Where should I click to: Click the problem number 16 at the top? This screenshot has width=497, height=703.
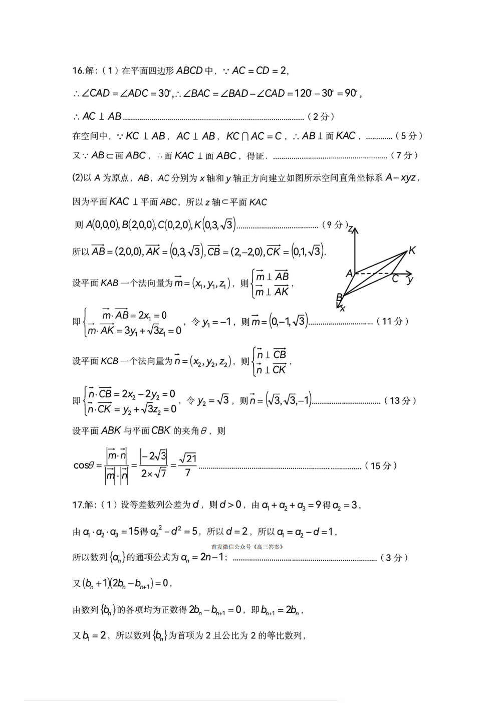tap(78, 71)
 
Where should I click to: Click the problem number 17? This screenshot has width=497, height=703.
tap(78, 505)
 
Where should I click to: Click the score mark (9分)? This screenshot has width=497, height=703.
tap(334, 225)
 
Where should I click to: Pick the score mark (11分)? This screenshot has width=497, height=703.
tap(393, 322)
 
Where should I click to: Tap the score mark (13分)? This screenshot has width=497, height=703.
tap(400, 400)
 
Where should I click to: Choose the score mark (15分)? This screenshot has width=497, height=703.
tap(381, 466)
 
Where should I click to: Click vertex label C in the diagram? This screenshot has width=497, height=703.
tap(395, 279)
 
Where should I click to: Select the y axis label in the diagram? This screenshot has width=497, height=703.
tap(410, 280)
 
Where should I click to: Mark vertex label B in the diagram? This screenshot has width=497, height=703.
tap(339, 297)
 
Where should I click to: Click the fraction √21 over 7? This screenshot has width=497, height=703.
tap(187, 465)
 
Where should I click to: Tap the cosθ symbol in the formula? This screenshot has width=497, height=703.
tap(84, 465)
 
